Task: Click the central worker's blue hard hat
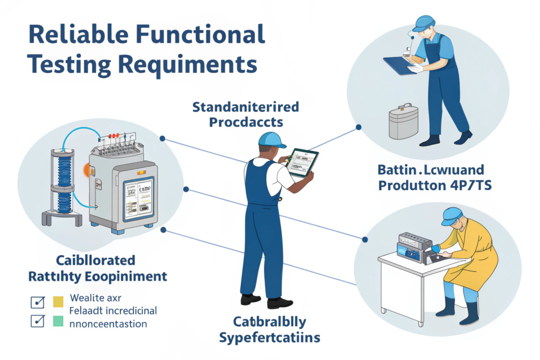(x=271, y=139)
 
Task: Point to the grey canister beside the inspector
(x=403, y=121)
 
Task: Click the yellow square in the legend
(x=57, y=301)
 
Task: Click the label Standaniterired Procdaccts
(x=245, y=115)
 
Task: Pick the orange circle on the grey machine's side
(x=86, y=170)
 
